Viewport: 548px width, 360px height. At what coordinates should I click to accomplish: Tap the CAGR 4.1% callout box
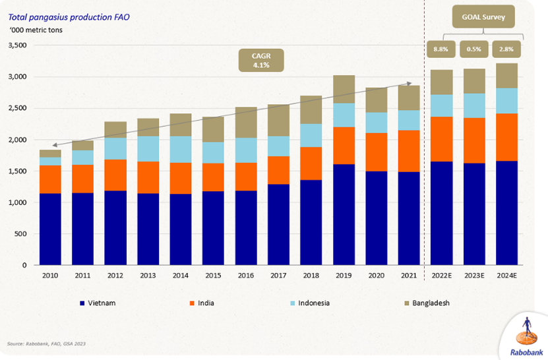(x=261, y=61)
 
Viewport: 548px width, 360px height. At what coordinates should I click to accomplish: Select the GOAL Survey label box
(x=483, y=17)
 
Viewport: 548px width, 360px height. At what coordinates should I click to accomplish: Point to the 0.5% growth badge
(x=474, y=49)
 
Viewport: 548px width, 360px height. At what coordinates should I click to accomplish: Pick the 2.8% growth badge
(x=506, y=49)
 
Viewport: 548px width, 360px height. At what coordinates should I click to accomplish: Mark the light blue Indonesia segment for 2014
(x=180, y=149)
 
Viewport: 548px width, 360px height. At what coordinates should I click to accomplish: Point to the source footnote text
(x=46, y=344)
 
